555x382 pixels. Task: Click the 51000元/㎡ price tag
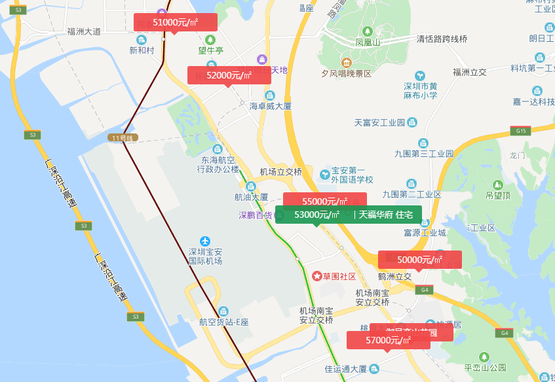coord(175,22)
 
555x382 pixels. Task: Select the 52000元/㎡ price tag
coord(229,75)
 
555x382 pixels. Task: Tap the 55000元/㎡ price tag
coord(324,201)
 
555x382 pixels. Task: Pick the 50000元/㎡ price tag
coord(419,260)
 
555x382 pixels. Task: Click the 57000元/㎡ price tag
coord(388,340)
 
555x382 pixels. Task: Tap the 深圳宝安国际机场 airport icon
coord(206,241)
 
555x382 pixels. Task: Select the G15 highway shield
coord(521,131)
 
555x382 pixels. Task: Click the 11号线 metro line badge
coord(123,138)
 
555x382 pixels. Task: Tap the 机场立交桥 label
coord(281,171)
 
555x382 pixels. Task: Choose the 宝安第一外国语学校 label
coord(352,175)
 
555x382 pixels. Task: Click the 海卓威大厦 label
coord(270,106)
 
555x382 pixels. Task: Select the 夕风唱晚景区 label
coord(346,74)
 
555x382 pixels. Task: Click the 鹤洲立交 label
coord(394,277)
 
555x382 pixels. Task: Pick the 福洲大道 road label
coord(84,31)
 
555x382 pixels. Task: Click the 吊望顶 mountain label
coord(498,195)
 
